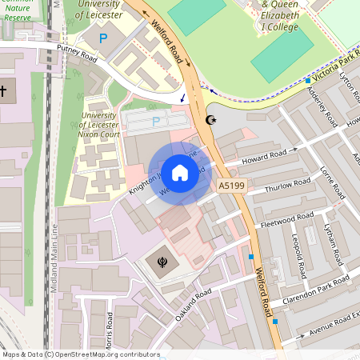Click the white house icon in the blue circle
(x=180, y=172)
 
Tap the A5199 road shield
(x=230, y=186)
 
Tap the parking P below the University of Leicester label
(x=102, y=38)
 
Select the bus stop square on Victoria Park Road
(x=308, y=80)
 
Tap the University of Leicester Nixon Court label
(x=104, y=126)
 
